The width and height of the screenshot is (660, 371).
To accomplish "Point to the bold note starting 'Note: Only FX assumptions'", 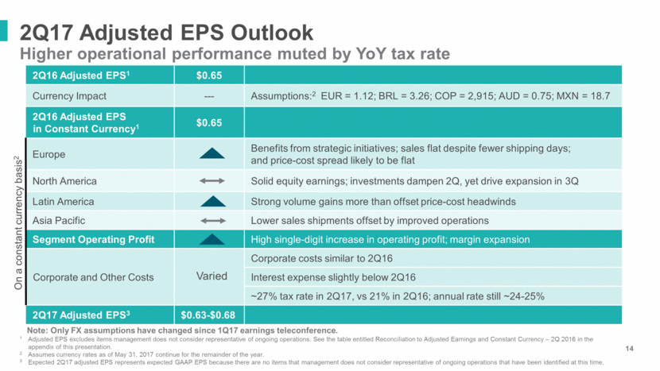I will [x=183, y=330].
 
